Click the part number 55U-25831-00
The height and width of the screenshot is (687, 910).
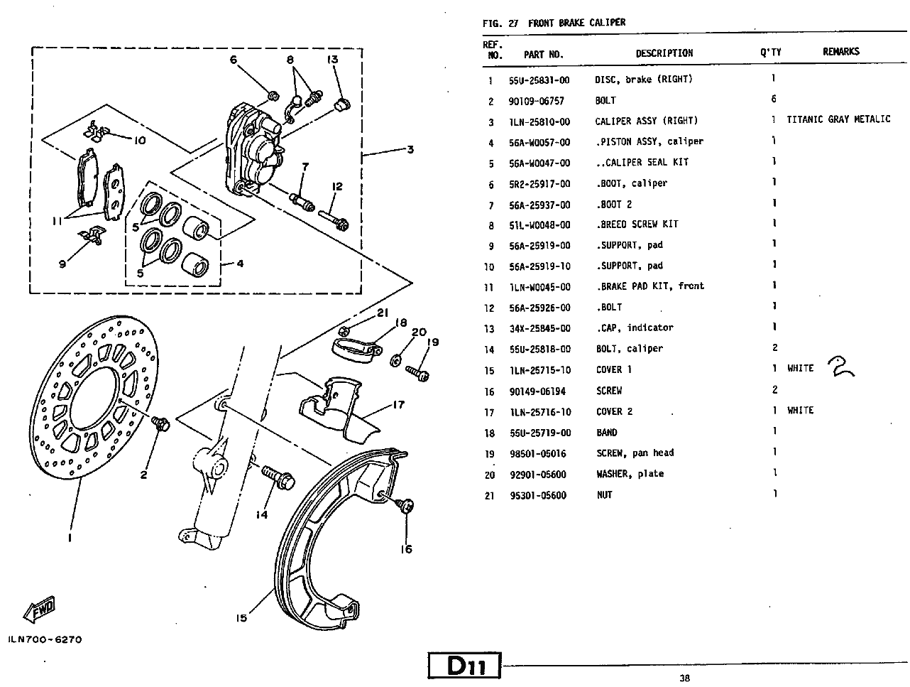coord(539,80)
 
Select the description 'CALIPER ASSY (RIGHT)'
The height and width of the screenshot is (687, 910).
coord(647,121)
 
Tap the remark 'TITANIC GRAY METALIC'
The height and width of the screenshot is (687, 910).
coord(838,119)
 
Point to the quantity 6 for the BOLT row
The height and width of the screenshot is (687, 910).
coord(774,99)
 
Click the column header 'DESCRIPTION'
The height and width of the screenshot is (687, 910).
coord(664,53)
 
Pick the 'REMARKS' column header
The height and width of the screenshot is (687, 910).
coord(841,51)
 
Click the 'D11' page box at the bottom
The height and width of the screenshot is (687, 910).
coord(465,665)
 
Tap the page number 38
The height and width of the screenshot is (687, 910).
coord(684,678)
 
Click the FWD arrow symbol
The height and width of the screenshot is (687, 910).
coord(39,610)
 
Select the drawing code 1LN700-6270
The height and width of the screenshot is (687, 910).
coord(45,639)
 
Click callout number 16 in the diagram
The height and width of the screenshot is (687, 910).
coord(406,549)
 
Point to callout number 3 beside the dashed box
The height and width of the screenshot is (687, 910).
coord(410,149)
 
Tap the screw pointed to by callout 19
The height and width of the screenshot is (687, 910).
coord(417,374)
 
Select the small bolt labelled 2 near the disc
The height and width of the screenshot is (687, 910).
coord(160,423)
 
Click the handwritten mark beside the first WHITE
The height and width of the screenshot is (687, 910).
coord(840,367)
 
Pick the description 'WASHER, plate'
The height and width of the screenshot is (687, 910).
coord(630,474)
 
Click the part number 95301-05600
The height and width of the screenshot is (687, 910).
coord(538,495)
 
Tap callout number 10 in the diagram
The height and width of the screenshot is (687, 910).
coord(140,140)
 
